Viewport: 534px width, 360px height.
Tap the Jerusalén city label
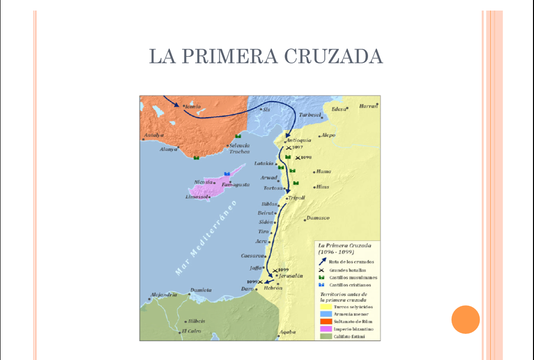tap(291, 276)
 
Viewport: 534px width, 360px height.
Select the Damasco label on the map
tap(318, 218)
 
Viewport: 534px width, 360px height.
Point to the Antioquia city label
tap(299, 140)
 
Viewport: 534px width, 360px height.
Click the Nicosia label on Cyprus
tap(204, 182)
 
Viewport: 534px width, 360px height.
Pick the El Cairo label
tap(192, 331)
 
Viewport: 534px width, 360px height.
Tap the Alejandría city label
tap(164, 295)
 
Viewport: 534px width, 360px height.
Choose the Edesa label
tap(339, 109)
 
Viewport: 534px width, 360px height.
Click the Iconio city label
tap(193, 107)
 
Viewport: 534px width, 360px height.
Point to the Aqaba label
tap(288, 332)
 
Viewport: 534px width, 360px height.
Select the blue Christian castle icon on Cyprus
tap(227, 173)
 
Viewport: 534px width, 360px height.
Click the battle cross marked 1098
tap(298, 158)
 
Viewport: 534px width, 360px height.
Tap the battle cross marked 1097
tap(288, 148)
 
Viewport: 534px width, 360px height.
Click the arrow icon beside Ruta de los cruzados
tap(322, 261)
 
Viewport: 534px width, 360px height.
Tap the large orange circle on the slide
tap(466, 319)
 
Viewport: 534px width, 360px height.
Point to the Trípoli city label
tap(297, 198)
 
